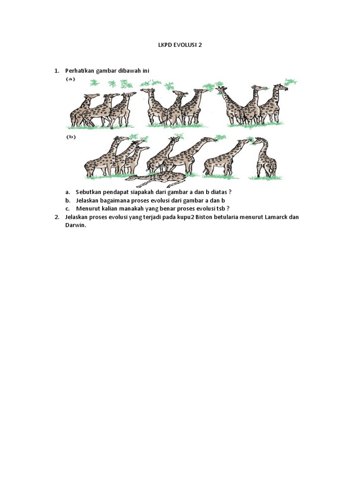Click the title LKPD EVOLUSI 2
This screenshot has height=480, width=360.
pos(180,45)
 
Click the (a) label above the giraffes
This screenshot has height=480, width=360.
pos(70,79)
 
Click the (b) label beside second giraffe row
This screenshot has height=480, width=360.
pos(70,137)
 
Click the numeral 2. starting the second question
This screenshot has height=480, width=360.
pos(57,217)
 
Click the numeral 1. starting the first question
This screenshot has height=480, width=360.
pos(57,71)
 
